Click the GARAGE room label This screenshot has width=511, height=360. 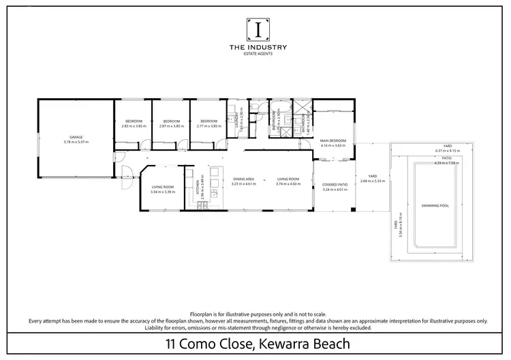coord(76,137)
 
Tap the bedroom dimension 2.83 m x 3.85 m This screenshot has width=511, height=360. coord(134,126)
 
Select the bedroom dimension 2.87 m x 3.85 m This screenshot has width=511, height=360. coord(172,126)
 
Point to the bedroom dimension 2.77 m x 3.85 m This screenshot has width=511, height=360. coord(209,126)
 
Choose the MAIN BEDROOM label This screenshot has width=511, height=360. coord(334,141)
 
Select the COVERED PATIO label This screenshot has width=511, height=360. coord(335,185)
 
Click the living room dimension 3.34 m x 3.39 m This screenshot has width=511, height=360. coord(163,192)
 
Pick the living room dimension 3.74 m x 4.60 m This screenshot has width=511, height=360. coord(289,183)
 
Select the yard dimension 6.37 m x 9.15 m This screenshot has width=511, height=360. coord(448,151)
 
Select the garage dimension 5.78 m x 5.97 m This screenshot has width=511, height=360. coord(76,142)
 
